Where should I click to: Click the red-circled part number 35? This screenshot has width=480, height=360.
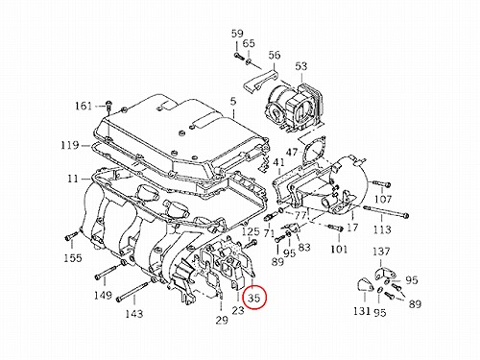tap(254, 298)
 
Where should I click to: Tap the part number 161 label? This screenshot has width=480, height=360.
tap(84, 106)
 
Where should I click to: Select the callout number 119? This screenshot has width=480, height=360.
tap(70, 145)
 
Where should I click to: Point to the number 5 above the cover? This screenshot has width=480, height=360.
tap(233, 102)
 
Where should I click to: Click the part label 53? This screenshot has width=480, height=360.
tap(301, 66)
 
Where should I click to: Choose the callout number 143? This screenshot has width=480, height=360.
tap(134, 313)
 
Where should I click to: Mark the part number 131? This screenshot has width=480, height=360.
tap(362, 310)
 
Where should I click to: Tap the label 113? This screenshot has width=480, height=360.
tap(382, 229)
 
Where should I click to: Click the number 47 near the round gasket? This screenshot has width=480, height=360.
tap(292, 152)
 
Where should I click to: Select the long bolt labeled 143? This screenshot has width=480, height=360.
tap(133, 292)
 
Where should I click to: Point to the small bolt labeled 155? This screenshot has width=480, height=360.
tap(71, 236)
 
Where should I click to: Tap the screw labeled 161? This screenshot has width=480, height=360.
tap(108, 107)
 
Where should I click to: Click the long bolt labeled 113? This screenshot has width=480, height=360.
tap(386, 212)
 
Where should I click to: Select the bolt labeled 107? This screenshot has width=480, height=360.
tap(382, 184)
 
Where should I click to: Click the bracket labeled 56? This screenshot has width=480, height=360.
tap(261, 83)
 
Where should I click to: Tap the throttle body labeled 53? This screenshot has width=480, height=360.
tap(294, 108)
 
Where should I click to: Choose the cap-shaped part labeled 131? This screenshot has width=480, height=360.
tap(365, 286)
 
